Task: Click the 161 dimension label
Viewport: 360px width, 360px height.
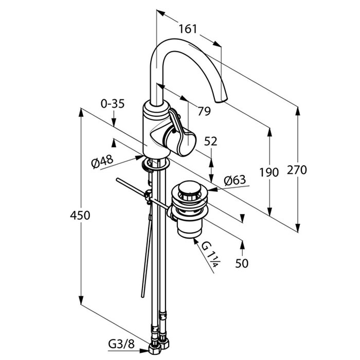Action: point(188,29)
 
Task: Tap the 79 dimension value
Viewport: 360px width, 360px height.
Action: point(204,111)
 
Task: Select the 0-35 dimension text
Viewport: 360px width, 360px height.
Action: point(113,104)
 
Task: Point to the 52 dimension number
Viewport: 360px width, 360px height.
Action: point(210,141)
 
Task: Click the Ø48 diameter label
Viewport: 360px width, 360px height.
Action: point(102,161)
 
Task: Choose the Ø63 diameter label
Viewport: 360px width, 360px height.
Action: point(235,180)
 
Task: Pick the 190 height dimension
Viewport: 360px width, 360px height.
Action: point(269,172)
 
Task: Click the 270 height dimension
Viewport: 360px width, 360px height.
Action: point(297,170)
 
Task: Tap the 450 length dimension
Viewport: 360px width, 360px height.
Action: point(80,215)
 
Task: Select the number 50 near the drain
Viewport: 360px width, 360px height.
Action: point(242,263)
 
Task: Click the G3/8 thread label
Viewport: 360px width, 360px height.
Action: point(121,345)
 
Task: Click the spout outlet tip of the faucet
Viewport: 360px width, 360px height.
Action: point(221,100)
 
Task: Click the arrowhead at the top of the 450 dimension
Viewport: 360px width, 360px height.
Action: point(81,112)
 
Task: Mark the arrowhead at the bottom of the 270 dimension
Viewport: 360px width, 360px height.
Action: point(298,228)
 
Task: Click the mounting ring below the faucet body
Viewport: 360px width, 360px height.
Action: point(155,165)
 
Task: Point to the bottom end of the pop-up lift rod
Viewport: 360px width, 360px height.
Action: point(142,296)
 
